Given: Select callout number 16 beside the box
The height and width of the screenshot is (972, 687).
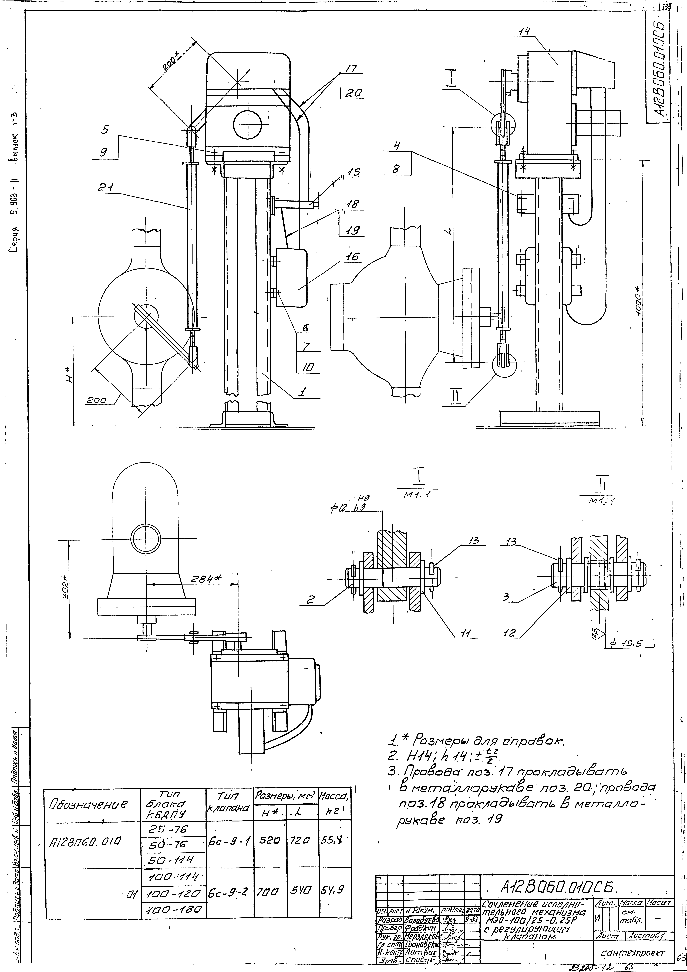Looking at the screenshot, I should [352, 257].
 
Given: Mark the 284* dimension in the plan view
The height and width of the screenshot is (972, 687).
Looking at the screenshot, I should [203, 579].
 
